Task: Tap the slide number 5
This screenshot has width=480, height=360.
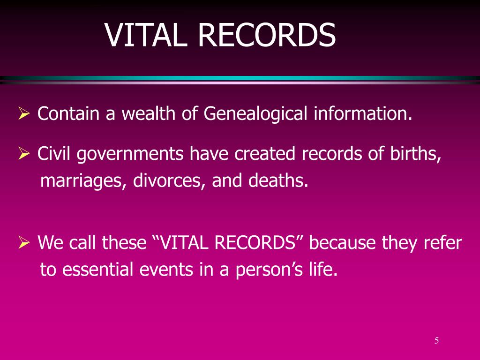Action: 436,341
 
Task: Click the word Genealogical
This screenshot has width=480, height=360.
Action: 256,114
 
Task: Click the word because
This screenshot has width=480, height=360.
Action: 343,243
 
